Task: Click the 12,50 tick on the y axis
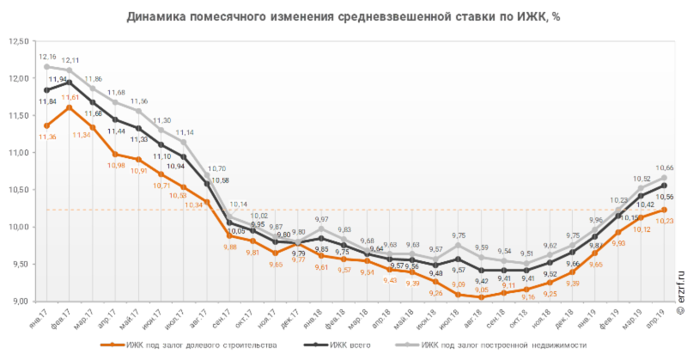[18, 41]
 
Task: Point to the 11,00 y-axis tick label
[18, 152]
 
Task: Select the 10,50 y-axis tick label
[18, 189]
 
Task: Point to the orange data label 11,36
[47, 137]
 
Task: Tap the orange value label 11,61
[70, 97]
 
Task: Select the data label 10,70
[216, 168]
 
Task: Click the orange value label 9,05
[482, 290]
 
